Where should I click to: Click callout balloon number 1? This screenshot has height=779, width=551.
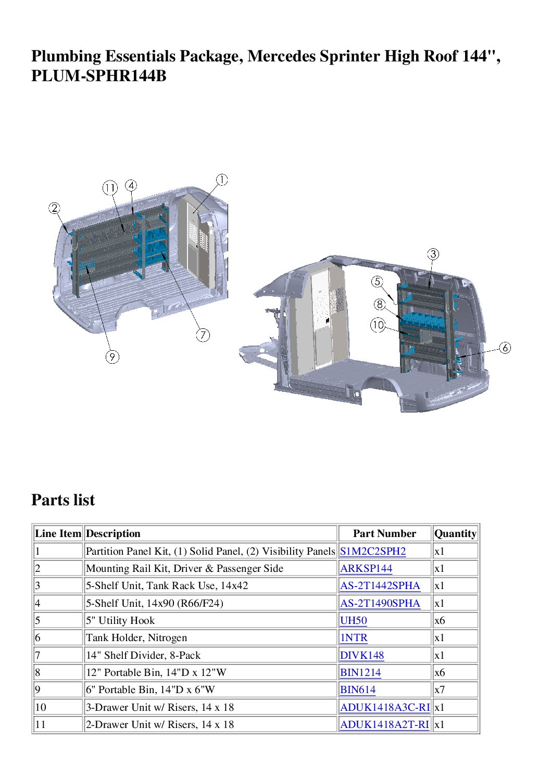[222, 180]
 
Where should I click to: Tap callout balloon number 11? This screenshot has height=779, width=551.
[110, 188]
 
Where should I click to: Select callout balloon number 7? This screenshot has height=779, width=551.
[203, 335]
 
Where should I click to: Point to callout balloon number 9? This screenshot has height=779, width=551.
[112, 357]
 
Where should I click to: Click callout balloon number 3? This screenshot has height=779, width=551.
[433, 254]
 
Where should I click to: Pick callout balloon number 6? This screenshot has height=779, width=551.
[505, 348]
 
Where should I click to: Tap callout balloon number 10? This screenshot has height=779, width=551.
[378, 326]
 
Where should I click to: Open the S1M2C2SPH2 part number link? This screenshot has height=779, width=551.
[373, 551]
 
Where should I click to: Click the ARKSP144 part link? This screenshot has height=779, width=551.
[366, 569]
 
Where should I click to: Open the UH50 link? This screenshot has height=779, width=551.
[353, 620]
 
